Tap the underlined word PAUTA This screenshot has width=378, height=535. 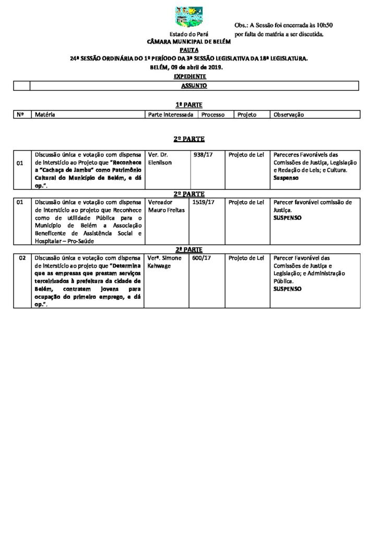tap(189, 50)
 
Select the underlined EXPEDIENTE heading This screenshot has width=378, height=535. tap(189, 76)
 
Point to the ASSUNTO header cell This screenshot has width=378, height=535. tap(194, 85)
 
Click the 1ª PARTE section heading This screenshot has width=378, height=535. tap(189, 104)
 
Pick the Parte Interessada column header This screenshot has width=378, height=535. tap(171, 114)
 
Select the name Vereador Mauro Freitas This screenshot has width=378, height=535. tap(164, 205)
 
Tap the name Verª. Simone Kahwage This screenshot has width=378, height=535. tap(165, 262)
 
